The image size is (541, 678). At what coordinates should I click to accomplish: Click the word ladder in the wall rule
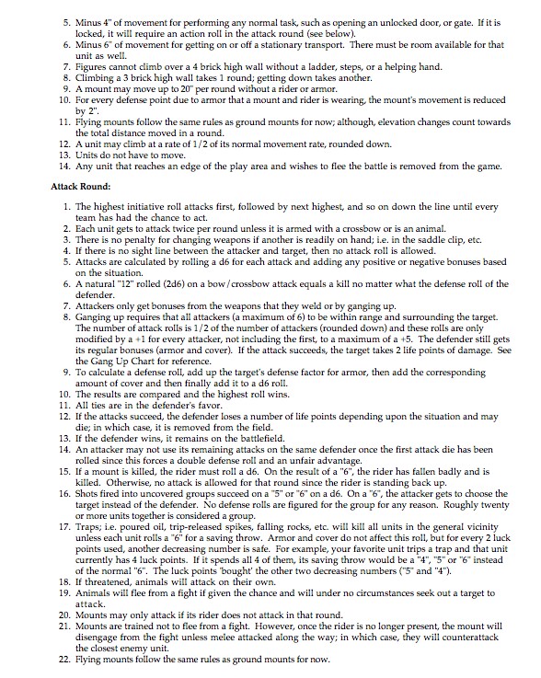[328, 66]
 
